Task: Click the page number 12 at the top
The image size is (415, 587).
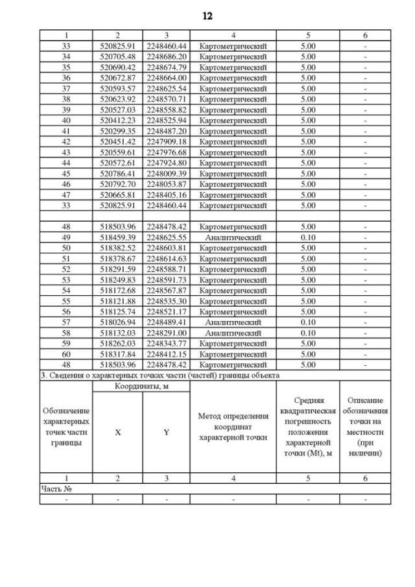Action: (x=207, y=16)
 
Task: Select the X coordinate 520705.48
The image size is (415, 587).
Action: (x=117, y=56)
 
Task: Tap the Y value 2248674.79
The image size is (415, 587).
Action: (x=166, y=67)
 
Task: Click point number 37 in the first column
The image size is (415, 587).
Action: (x=65, y=88)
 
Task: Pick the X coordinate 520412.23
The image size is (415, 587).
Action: (x=117, y=120)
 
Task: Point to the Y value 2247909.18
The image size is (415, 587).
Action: (x=166, y=141)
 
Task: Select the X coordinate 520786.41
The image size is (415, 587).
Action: (x=117, y=173)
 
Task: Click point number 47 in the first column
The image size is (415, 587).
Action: (x=65, y=195)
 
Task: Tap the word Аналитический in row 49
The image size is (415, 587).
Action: (x=233, y=237)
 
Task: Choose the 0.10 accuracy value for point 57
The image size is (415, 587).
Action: (x=308, y=322)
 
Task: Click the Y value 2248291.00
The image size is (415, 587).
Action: (x=166, y=333)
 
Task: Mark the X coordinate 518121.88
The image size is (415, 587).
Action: (x=117, y=301)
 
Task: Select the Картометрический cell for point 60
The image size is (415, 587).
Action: (x=233, y=354)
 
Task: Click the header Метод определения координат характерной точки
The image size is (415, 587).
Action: (x=233, y=427)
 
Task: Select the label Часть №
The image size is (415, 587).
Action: (x=55, y=489)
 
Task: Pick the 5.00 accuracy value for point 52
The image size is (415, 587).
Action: (x=308, y=269)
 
